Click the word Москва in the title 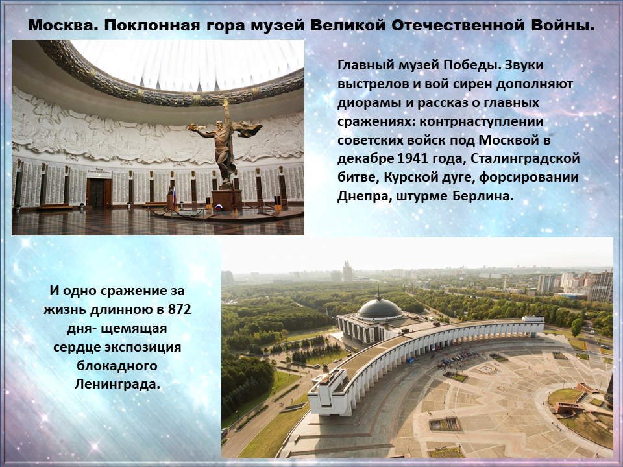tap(63, 26)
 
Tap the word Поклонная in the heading tap(152, 26)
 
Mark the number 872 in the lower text tap(180, 309)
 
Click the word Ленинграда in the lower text tap(117, 384)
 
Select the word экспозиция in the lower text tap(143, 347)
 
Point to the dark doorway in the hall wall tap(96, 192)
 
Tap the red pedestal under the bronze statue tap(227, 200)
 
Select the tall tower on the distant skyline tap(347, 271)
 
